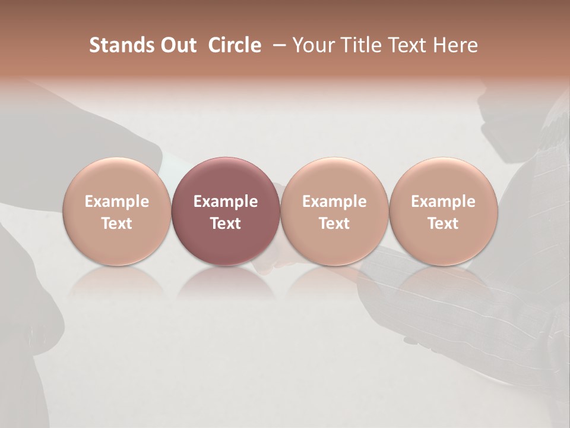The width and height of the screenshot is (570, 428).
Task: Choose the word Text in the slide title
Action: [404, 45]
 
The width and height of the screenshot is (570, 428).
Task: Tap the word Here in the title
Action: [454, 45]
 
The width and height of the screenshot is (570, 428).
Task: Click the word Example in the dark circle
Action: [226, 202]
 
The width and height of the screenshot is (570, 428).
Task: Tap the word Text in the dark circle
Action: [226, 224]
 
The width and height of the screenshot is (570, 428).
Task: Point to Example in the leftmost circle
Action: [117, 202]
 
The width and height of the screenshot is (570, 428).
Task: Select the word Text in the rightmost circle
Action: [443, 224]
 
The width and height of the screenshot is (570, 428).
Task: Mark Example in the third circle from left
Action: [334, 202]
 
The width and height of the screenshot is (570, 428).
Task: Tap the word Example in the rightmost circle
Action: [443, 202]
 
